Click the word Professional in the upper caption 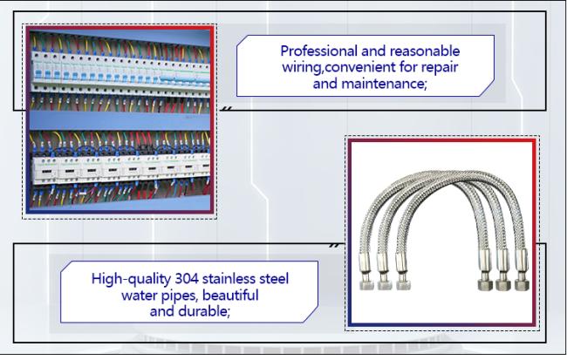tap(318, 51)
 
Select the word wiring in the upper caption tap(300, 67)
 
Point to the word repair tap(440, 67)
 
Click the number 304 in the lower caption tap(187, 279)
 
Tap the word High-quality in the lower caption tap(131, 279)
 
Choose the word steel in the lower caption tap(274, 279)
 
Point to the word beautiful tap(230, 295)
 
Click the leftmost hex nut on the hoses tap(365, 284)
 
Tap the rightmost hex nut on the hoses tap(521, 284)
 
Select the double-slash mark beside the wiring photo tap(227, 108)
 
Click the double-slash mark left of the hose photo tap(334, 246)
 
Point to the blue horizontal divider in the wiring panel tap(120, 120)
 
